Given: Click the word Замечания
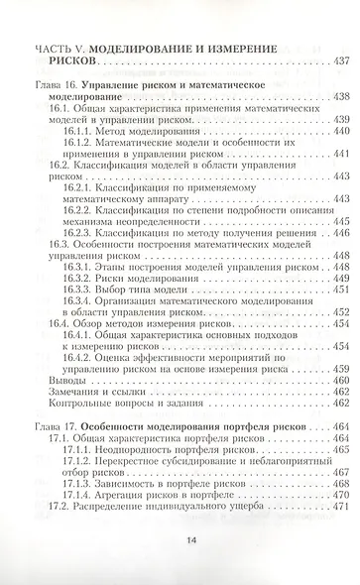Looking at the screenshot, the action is (62, 392).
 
